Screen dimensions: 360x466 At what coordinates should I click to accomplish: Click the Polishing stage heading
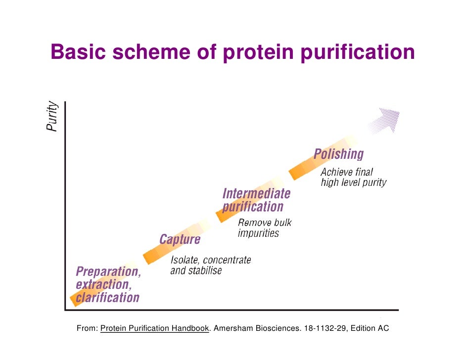click(x=338, y=154)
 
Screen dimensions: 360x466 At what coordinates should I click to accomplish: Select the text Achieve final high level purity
click(x=353, y=178)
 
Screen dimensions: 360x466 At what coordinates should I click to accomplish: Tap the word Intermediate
click(x=256, y=193)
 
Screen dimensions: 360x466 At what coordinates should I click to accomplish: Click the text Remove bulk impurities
click(x=265, y=228)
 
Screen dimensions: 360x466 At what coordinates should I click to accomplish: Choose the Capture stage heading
click(x=180, y=240)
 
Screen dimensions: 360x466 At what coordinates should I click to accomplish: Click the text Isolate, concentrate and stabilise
click(x=210, y=266)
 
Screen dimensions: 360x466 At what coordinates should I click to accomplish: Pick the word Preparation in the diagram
click(x=108, y=271)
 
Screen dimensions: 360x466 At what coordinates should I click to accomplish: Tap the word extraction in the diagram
click(x=102, y=285)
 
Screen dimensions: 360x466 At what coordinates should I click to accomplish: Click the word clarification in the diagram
click(x=107, y=298)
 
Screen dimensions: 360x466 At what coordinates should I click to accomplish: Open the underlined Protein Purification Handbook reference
click(x=154, y=328)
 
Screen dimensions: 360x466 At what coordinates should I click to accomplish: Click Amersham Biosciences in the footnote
click(x=256, y=328)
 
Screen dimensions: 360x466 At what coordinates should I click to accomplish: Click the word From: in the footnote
click(x=87, y=328)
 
